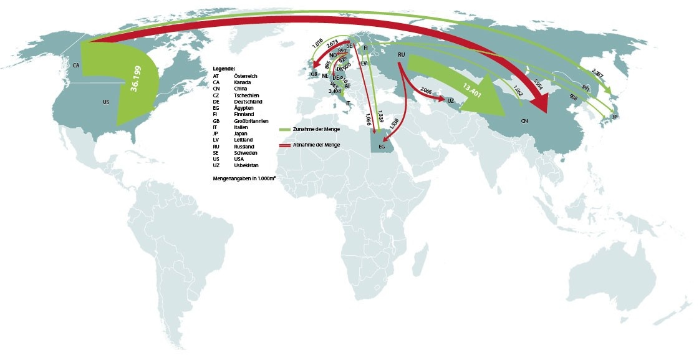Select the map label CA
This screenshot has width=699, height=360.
pos(75,65)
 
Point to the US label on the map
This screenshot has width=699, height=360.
pos(106,102)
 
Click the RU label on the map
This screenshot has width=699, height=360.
pos(402,56)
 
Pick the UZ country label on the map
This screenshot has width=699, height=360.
pos(450,100)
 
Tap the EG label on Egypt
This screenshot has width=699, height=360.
pos(382,146)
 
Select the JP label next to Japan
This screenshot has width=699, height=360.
pos(615,117)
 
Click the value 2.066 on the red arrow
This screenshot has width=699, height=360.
pos(427,91)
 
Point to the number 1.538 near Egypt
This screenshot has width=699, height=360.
pos(393,124)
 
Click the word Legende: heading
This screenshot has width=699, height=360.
pos(224,67)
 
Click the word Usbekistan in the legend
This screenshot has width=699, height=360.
pos(246,165)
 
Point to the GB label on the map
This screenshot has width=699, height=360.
pos(314,74)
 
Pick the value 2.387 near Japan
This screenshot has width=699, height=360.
pos(597,73)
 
